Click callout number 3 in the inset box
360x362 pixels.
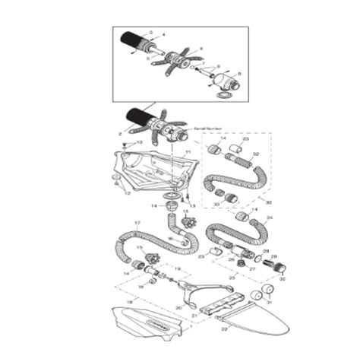pyautogui.click(x=151, y=32)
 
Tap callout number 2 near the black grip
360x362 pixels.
pyautogui.click(x=120, y=133)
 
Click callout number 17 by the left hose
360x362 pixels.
pyautogui.click(x=137, y=224)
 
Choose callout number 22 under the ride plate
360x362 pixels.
pyautogui.click(x=224, y=329)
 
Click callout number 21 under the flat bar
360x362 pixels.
pyautogui.click(x=194, y=313)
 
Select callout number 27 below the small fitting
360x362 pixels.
pyautogui.click(x=251, y=268)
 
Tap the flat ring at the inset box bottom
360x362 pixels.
pyautogui.click(x=226, y=96)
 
